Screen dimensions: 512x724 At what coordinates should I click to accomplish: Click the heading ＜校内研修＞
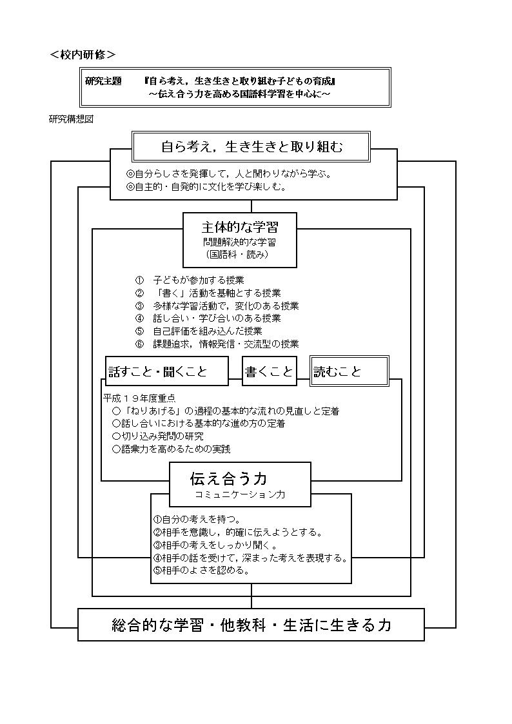[x=83, y=55]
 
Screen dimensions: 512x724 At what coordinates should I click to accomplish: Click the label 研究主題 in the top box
[x=103, y=81]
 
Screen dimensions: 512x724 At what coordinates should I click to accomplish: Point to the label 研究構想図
[x=71, y=119]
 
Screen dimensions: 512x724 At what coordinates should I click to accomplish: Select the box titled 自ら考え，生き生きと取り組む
[x=251, y=147]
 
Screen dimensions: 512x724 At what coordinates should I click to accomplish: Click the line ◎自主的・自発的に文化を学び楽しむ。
[x=206, y=187]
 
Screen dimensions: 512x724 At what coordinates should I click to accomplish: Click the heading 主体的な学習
[x=240, y=227]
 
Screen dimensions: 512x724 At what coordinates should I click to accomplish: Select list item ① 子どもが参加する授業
[x=190, y=280]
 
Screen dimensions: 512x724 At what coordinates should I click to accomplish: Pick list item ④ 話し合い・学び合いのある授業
[x=208, y=318]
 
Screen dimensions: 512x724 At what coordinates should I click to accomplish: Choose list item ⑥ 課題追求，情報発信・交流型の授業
[x=217, y=344]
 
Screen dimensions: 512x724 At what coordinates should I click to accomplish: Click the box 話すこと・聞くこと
[x=166, y=371]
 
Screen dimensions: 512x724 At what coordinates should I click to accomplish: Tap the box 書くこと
[x=269, y=371]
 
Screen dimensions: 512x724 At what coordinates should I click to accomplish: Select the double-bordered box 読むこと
[x=349, y=371]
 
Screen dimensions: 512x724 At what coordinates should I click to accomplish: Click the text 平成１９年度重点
[x=139, y=398]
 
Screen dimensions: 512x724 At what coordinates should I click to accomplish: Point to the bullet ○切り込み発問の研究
[x=157, y=436]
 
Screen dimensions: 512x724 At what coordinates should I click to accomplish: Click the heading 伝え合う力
[x=228, y=478]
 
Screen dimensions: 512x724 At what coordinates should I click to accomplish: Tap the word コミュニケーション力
[x=240, y=494]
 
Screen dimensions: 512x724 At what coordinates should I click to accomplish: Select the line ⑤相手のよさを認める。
[x=201, y=571]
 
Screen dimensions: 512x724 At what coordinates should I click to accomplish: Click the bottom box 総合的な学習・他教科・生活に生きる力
[x=251, y=625]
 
